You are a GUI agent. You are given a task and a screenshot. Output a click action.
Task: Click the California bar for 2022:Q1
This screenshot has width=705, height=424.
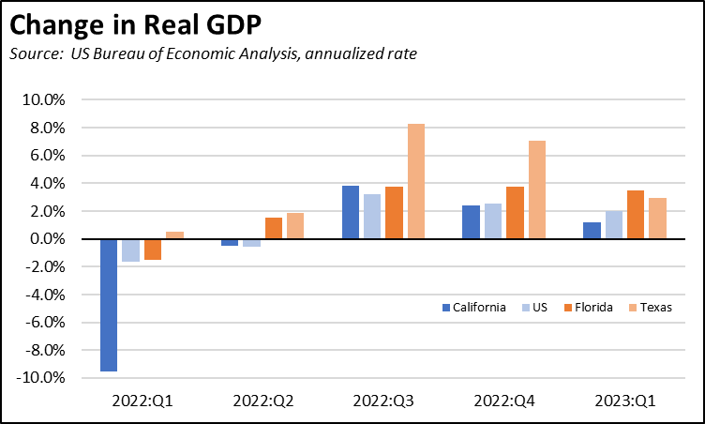point(109,305)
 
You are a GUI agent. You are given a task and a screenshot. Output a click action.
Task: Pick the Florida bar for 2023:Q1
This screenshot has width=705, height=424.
point(635,215)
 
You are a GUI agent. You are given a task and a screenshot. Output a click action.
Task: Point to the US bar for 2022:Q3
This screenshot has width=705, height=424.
point(372,217)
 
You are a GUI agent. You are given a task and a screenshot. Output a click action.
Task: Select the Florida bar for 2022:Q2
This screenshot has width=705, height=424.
point(274,228)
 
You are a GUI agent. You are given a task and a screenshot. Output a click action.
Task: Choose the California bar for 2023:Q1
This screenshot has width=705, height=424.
point(591,231)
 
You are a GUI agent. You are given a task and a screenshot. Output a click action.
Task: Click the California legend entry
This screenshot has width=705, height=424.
point(473,307)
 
